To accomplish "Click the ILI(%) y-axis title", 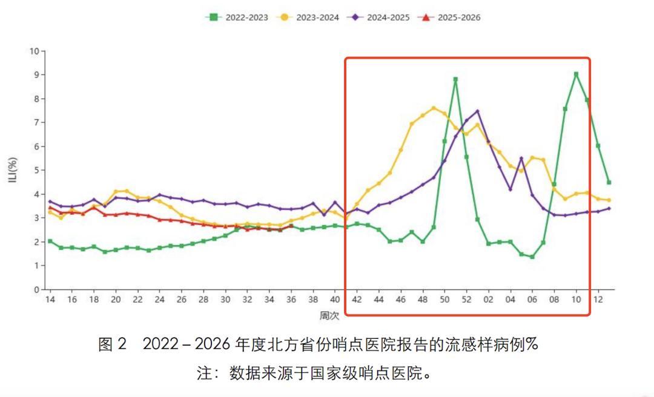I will tap(13, 170).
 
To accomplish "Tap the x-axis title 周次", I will tap(329, 315).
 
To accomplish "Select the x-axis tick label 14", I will tap(50, 300).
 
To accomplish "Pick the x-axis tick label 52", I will tap(466, 300).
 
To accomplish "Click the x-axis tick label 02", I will tap(488, 300).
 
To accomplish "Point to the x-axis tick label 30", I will tap(225, 300).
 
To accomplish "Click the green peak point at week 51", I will tap(455, 79).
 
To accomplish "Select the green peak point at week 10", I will tap(576, 74).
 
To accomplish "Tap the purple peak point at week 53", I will tap(477, 111).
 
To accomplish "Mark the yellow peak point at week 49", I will tap(434, 108).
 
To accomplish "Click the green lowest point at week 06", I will tap(532, 257).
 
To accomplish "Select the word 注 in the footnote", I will tap(204, 373).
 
